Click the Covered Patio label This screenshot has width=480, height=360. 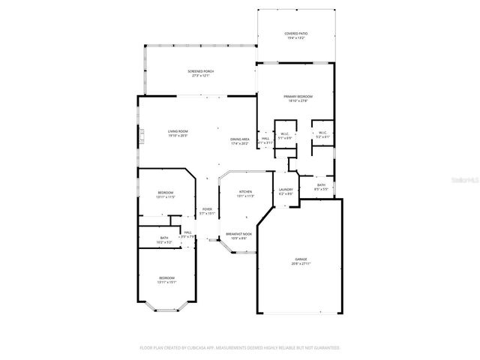[x=296, y=35]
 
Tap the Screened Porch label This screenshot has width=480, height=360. [x=200, y=73]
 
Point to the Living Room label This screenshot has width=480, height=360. [x=178, y=133]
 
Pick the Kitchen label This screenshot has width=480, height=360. [x=247, y=193]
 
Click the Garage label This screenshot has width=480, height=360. [x=300, y=262]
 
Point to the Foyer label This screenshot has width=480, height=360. [x=207, y=211]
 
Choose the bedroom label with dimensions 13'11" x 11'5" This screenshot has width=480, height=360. [x=166, y=195]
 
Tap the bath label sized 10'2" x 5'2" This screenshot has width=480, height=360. [x=164, y=240]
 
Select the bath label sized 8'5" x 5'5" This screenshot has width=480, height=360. [x=321, y=187]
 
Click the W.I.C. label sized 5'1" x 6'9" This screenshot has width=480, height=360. [x=284, y=136]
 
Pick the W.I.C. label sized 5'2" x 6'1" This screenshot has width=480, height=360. [x=322, y=136]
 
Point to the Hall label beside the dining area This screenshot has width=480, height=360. [x=265, y=140]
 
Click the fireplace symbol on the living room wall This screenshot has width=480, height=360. [x=140, y=136]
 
